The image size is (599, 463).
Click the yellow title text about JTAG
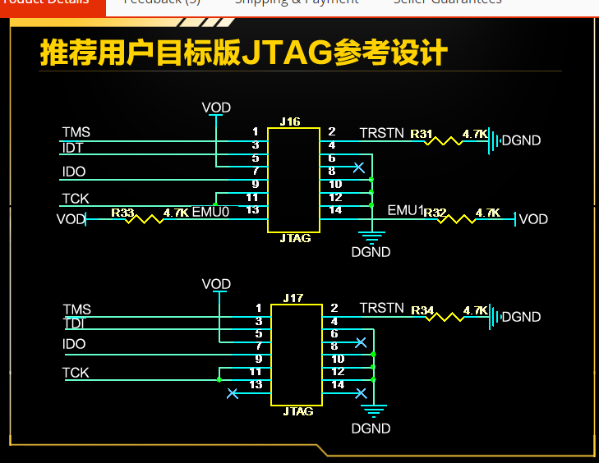(x=243, y=52)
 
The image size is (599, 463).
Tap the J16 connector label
(x=290, y=121)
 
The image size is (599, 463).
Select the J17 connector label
(x=293, y=298)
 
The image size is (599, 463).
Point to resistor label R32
(x=435, y=213)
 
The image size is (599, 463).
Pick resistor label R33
(x=122, y=213)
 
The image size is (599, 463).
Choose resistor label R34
(x=422, y=310)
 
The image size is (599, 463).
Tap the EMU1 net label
(x=404, y=211)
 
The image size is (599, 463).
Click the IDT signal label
(x=72, y=147)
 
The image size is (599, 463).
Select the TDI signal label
(x=74, y=324)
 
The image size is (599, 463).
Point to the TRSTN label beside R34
(x=382, y=308)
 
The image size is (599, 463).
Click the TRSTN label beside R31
(x=382, y=132)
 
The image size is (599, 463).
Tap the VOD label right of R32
(x=533, y=219)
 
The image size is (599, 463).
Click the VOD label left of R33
(x=71, y=219)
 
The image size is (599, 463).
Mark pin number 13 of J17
(x=256, y=384)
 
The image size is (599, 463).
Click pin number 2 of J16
(x=332, y=131)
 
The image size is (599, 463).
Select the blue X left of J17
(x=233, y=394)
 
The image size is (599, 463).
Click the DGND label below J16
(x=371, y=252)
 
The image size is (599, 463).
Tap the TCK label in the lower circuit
(x=76, y=373)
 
